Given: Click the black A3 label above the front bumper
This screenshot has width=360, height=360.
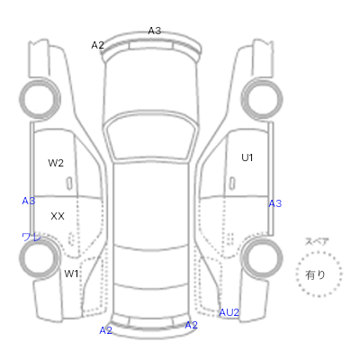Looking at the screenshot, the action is point(155,31).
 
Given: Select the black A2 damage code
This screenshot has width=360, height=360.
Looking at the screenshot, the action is point(97,45).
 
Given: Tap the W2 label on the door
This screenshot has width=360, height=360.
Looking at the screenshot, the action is point(56,163).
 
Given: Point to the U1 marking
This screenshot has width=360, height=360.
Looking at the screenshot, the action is point(247,157).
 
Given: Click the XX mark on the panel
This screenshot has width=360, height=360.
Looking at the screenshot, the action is point(58,216).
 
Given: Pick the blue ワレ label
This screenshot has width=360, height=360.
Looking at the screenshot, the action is point(31,238).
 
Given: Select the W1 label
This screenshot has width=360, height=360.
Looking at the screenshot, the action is point(71,274).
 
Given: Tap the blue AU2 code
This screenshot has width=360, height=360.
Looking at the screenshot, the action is point(229,312).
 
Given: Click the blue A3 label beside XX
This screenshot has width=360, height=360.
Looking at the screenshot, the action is point(29,201).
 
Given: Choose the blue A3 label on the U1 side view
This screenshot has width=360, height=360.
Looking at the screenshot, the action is point(275,203).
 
